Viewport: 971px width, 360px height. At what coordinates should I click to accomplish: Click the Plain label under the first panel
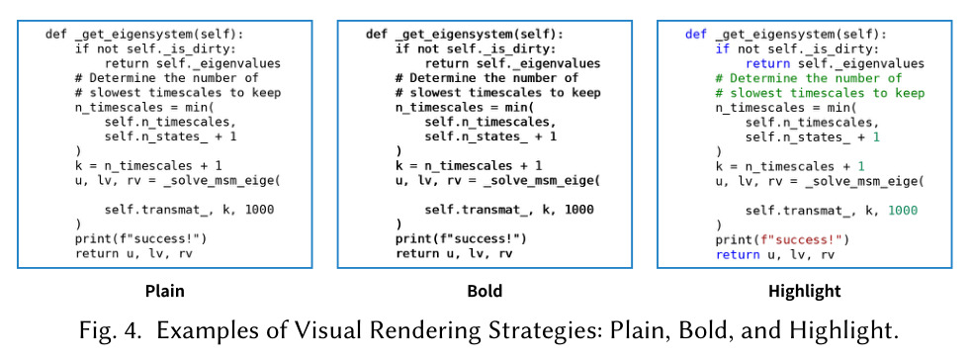tap(165, 291)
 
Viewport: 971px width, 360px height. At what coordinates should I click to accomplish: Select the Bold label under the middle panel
tap(485, 291)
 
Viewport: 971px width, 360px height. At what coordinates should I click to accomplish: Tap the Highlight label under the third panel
tap(805, 291)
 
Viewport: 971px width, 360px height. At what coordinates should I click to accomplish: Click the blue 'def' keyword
tap(696, 34)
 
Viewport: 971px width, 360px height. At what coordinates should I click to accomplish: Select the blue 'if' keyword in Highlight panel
tap(722, 48)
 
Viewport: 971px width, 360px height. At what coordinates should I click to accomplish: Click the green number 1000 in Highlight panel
tap(902, 211)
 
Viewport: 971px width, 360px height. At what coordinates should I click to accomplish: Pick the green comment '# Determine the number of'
tap(808, 79)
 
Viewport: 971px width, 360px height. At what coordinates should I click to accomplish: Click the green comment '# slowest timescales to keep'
tap(820, 94)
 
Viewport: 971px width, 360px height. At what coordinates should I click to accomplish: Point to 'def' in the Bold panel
tap(377, 34)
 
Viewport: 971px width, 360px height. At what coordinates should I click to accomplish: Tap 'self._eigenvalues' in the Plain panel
tap(221, 64)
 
